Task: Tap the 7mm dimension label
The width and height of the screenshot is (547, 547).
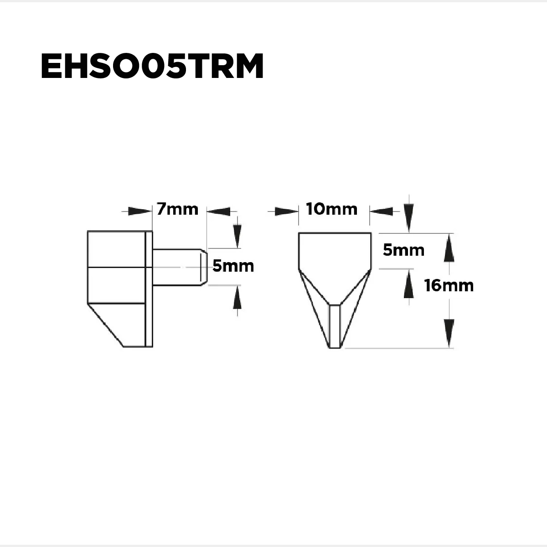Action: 177,209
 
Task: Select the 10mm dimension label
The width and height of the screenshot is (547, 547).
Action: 332,209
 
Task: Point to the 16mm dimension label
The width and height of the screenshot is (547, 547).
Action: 449,286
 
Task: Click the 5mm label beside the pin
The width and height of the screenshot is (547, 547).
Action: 233,266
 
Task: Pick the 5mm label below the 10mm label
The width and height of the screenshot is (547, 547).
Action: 403,250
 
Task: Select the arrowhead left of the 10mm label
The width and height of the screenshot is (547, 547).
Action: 287,211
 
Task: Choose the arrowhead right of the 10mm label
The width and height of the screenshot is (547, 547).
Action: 381,211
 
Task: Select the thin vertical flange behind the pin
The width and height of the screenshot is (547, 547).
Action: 149,289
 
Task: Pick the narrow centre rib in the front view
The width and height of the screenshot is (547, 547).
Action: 335,326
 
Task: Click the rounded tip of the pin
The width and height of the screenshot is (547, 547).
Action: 205,267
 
